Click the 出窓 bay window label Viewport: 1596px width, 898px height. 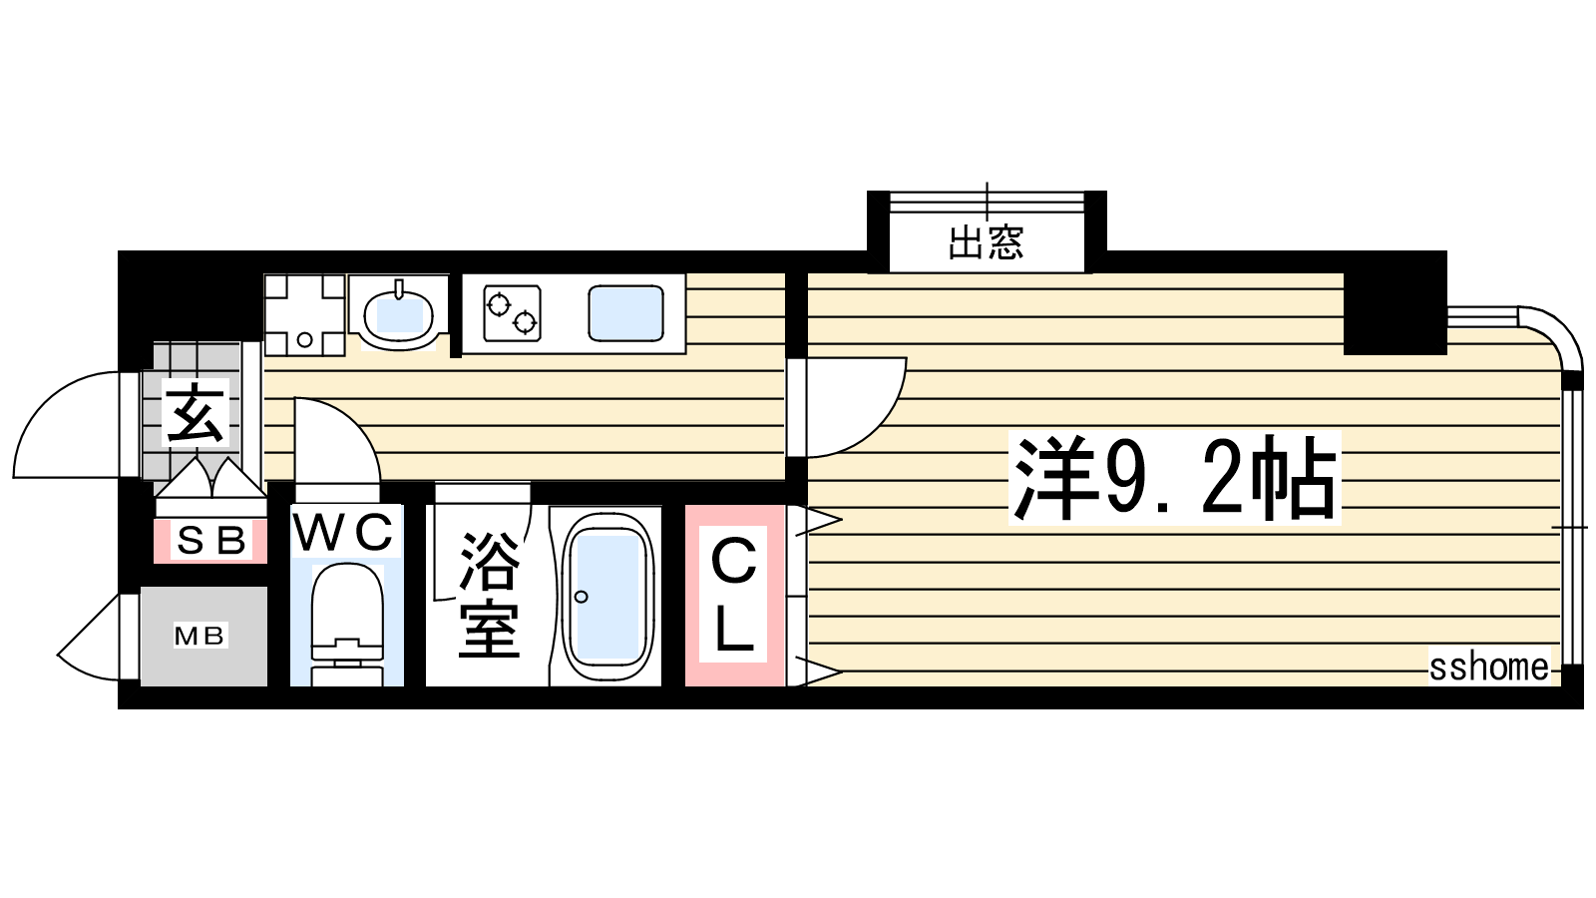point(987,242)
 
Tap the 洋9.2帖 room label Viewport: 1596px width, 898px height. point(1174,478)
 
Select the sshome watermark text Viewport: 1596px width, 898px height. point(1488,668)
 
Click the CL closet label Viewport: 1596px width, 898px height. point(733,595)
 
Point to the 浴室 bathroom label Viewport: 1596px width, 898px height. point(489,595)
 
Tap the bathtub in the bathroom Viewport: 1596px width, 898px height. point(607,597)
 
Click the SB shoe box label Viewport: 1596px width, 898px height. point(211,540)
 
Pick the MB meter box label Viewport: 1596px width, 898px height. point(200,635)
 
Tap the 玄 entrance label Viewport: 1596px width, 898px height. point(195,413)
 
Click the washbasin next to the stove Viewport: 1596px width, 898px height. point(398,313)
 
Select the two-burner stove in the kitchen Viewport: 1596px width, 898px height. point(512,313)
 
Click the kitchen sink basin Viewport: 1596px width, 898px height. point(626,313)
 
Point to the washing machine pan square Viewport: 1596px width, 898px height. point(305,315)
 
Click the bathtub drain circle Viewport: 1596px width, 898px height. point(581,597)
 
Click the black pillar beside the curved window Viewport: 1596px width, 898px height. point(1396,303)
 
